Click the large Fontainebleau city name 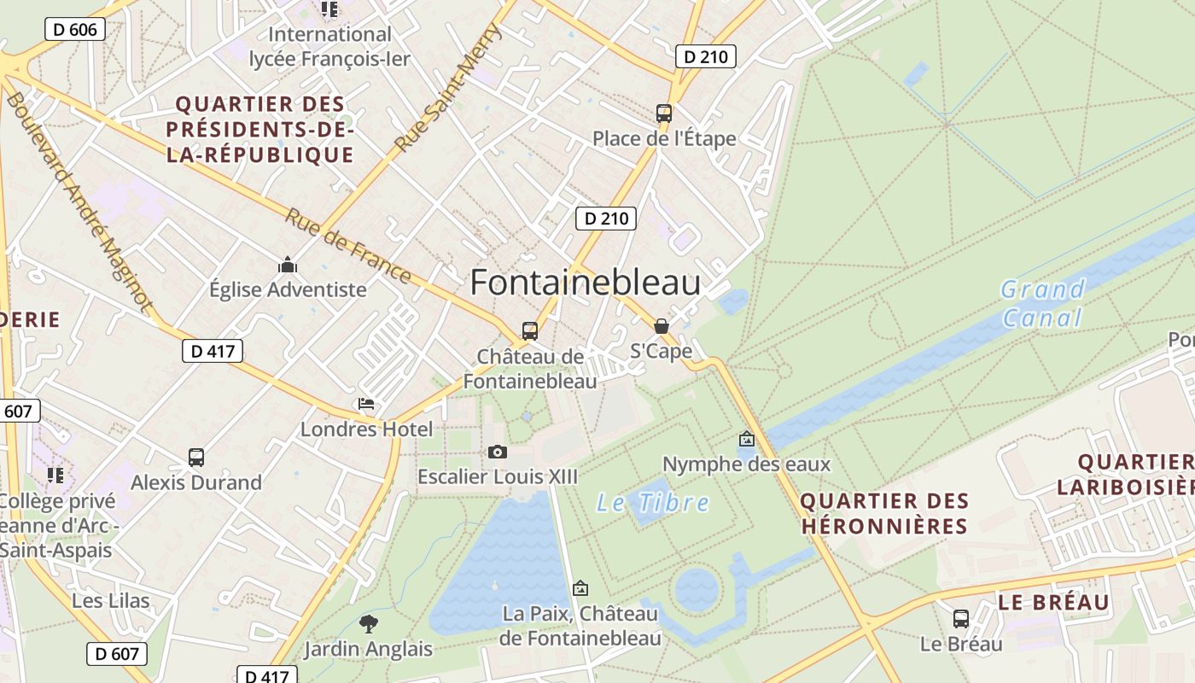click(x=585, y=283)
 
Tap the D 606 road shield click(x=75, y=30)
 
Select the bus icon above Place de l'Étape click(x=663, y=113)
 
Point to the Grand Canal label click(x=1042, y=303)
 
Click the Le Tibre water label click(x=653, y=502)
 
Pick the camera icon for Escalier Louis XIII click(x=498, y=452)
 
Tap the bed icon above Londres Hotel click(x=366, y=404)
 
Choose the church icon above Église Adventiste click(x=288, y=265)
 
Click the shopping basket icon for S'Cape click(x=661, y=326)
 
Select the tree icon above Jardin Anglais click(x=369, y=623)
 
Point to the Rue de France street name click(x=347, y=246)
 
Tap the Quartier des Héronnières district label click(x=884, y=513)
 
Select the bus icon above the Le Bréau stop click(x=961, y=619)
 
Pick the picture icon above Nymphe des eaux click(x=747, y=439)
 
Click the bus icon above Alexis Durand click(x=196, y=458)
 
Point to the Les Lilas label click(x=111, y=601)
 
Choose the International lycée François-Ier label click(x=329, y=47)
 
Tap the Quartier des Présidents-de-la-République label click(x=260, y=130)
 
